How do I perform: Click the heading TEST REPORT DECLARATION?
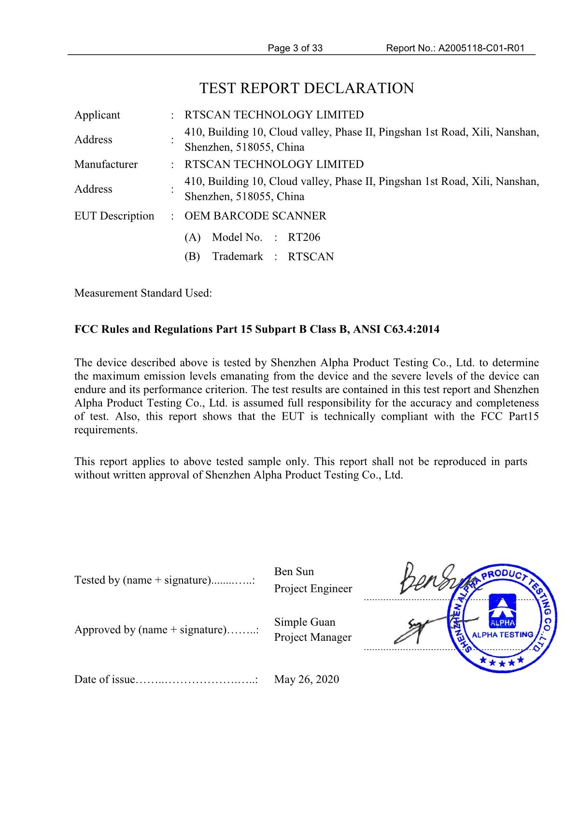[x=307, y=88]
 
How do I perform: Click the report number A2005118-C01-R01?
[x=481, y=48]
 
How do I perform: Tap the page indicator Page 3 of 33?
[x=295, y=48]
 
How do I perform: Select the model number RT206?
[x=304, y=237]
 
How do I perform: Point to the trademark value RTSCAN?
[x=311, y=256]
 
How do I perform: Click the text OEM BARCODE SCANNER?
[x=255, y=216]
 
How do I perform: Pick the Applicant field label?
[x=97, y=115]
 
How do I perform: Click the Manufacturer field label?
[x=106, y=164]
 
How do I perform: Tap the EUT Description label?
[x=114, y=216]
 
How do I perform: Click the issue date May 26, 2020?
[x=307, y=679]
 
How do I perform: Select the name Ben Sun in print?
[x=294, y=572]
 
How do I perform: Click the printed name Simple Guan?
[x=304, y=622]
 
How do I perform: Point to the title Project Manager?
[x=312, y=637]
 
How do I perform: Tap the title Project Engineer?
[x=313, y=589]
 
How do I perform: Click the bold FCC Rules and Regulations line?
[x=257, y=329]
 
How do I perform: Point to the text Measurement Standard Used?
[x=143, y=293]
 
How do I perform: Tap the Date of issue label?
[x=104, y=679]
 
